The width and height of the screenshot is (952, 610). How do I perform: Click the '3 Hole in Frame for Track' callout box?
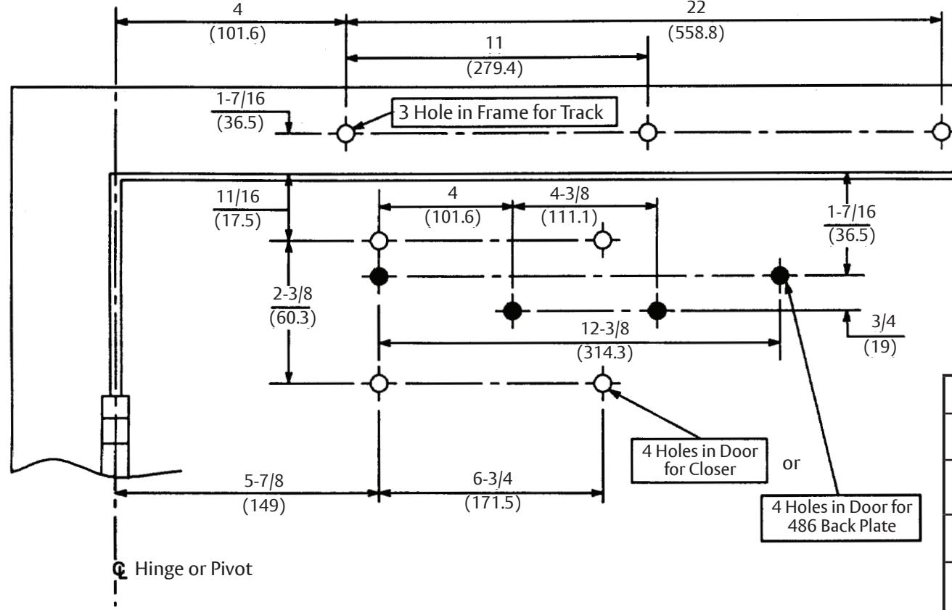tap(504, 112)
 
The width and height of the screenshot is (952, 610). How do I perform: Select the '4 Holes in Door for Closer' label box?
tap(699, 461)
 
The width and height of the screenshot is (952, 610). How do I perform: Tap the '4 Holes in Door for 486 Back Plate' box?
tap(841, 517)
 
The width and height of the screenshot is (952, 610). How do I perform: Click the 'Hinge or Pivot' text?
tap(193, 569)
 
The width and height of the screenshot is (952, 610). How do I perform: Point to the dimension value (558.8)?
tap(696, 33)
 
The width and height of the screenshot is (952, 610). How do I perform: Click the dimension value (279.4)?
tap(494, 68)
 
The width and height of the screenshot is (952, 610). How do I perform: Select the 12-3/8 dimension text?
tap(604, 329)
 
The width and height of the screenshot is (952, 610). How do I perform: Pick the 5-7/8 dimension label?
tap(263, 481)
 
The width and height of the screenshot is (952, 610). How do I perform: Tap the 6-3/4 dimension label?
tap(493, 479)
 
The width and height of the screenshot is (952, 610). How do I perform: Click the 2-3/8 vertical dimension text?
tap(292, 294)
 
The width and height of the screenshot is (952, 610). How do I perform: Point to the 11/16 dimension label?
tap(237, 197)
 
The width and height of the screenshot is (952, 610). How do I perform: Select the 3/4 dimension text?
tap(883, 321)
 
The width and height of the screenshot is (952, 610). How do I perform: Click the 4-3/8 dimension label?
tap(570, 194)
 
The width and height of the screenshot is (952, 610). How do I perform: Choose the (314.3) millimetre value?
tap(604, 353)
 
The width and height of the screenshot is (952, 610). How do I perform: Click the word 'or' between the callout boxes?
tap(791, 463)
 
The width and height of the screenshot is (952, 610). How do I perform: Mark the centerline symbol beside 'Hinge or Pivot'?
tap(120, 569)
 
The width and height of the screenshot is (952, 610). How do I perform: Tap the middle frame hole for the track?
tap(647, 132)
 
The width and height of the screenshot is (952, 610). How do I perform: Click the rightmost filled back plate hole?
tap(780, 276)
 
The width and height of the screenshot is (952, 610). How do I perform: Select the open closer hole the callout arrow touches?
tap(603, 383)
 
